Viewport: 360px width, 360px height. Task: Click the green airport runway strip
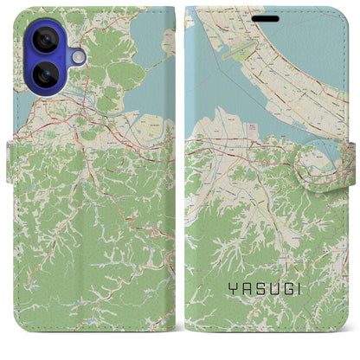click(x=241, y=51)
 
